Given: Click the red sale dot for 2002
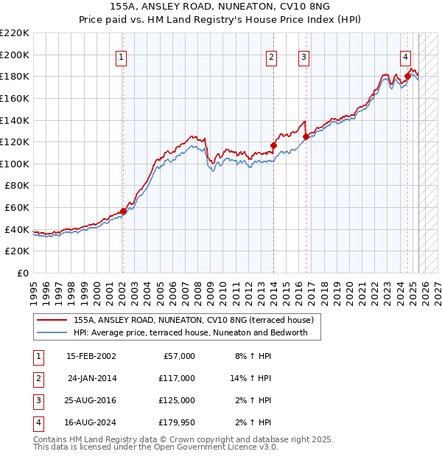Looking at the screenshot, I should pos(123,211).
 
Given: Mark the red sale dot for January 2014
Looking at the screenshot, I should pos(273,145).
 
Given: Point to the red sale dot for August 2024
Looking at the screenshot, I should pos(407,76).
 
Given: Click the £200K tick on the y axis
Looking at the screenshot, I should pos(15,55).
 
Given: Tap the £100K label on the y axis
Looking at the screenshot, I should pos(15,164).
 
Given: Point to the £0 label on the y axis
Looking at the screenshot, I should pos(22,273).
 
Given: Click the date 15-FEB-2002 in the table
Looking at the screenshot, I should pos(91,356).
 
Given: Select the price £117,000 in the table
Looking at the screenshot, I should pos(176,378).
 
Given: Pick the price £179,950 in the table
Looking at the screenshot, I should pos(176,422).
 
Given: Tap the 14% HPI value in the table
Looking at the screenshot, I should pos(250,378).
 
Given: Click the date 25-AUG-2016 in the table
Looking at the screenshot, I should pos(91,400).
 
